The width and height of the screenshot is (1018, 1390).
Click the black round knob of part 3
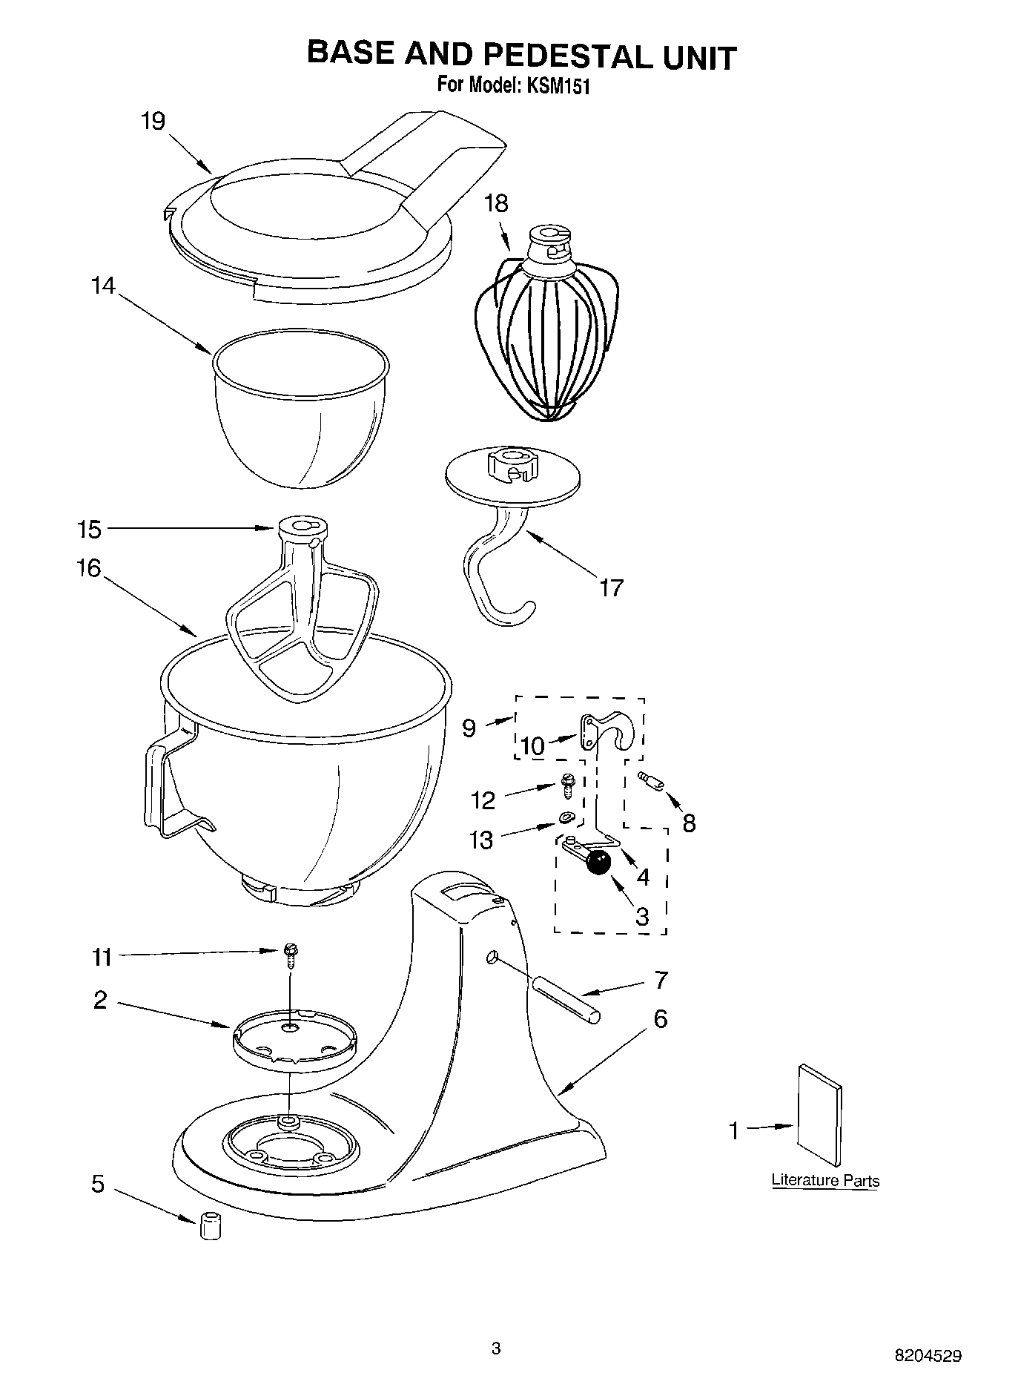598,863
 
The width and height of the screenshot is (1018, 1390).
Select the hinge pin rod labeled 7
563,999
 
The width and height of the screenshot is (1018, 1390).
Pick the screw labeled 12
569,785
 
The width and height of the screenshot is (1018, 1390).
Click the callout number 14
104,286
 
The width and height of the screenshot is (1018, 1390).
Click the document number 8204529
928,1356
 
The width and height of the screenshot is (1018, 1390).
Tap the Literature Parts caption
824,1180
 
